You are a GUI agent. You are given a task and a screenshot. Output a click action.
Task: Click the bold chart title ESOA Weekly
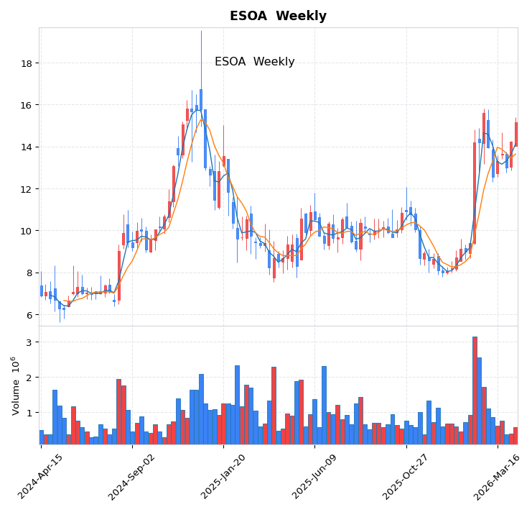(278, 16)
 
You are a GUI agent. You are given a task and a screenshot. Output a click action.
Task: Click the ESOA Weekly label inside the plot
(254, 62)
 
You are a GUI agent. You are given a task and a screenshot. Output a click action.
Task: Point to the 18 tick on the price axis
(26, 63)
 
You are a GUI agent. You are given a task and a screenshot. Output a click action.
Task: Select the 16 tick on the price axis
(26, 105)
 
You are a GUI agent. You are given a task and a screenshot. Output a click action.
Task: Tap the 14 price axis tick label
(26, 147)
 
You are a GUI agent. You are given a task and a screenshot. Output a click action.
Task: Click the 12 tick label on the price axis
(26, 189)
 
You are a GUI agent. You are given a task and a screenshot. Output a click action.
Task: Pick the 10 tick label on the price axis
(26, 231)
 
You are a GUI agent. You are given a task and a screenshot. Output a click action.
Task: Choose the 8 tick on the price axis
(29, 273)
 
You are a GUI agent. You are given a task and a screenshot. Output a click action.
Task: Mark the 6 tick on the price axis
(29, 315)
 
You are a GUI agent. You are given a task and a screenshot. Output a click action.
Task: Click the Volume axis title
(15, 385)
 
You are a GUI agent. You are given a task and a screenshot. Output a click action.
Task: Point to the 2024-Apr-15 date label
(41, 476)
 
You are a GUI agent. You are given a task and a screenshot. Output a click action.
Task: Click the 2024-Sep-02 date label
(132, 476)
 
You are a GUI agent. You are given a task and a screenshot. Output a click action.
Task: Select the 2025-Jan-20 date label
(223, 476)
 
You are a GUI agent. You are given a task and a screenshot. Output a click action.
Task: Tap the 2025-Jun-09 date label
(315, 476)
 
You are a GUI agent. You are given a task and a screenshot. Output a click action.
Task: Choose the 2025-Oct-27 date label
(406, 476)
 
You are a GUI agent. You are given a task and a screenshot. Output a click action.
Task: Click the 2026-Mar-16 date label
(498, 476)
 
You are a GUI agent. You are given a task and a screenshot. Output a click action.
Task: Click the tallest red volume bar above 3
(475, 390)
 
